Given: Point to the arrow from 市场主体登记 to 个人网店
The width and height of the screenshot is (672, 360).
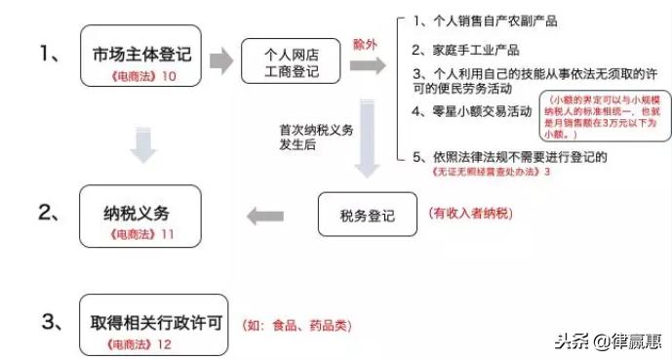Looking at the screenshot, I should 221,60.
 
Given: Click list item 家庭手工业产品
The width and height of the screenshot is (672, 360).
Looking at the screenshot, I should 465,50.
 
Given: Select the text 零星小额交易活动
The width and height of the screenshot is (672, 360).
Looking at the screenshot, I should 472,110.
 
